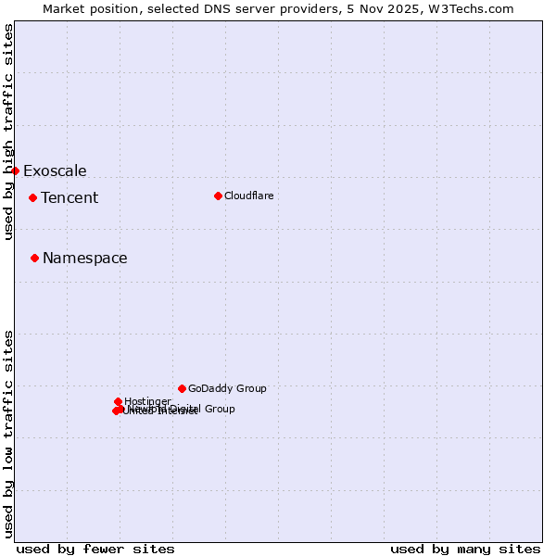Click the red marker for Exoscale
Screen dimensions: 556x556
15,171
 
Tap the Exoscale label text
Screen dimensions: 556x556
55,171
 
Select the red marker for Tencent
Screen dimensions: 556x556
32,197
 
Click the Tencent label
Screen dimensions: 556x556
69,197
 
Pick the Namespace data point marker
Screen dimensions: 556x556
34,258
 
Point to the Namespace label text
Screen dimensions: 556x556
85,259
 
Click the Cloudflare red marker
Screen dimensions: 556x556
218,196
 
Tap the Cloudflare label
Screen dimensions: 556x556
248,196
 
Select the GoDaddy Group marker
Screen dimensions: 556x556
182,388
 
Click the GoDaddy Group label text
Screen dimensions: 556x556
227,388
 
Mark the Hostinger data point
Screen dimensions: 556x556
119,401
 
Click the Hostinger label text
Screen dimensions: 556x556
147,401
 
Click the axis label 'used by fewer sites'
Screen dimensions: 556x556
95,549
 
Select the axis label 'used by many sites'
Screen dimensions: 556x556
465,549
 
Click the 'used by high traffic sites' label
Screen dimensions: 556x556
8,132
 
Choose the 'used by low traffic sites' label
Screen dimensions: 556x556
8,433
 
